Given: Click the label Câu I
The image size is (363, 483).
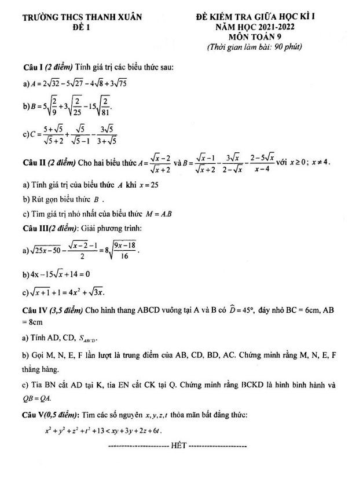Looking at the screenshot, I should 32,68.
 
